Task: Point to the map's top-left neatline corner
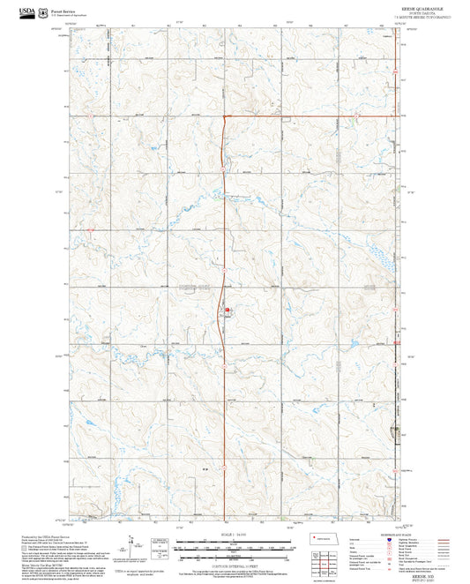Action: [x=69, y=29]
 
